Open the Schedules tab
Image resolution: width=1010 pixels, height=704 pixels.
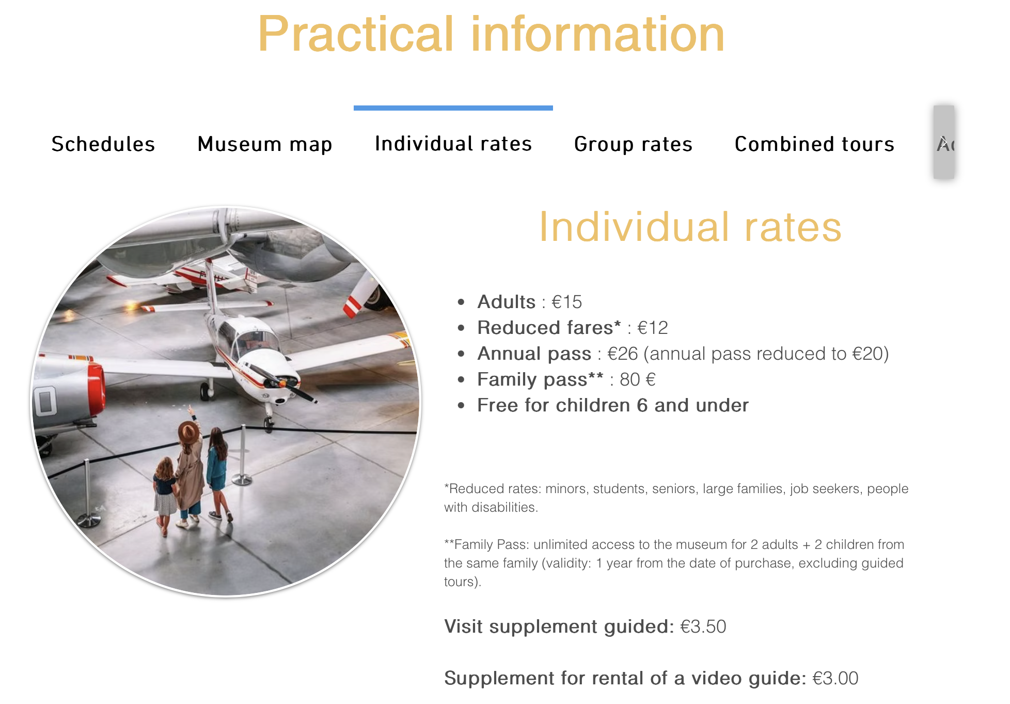coord(103,144)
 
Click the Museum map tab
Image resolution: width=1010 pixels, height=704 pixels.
coord(265,144)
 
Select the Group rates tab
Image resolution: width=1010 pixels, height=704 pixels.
coord(633,144)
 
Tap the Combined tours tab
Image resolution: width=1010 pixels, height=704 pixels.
coord(814,144)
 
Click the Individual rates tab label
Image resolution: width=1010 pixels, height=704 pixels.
coord(453,143)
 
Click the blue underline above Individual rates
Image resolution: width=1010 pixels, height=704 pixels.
coord(453,108)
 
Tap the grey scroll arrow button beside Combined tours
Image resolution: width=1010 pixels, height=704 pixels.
coord(944,142)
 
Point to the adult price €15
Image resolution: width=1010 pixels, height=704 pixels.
coord(566,302)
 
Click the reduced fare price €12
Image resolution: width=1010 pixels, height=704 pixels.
coord(653,328)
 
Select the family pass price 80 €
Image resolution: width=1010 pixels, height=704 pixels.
coord(638,379)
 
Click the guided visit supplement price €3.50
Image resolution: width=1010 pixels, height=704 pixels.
coord(703,626)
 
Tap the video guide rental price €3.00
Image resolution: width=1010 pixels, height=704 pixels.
coord(835,678)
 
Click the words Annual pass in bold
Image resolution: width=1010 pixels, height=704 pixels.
coord(534,354)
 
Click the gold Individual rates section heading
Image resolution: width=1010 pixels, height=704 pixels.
coord(690,227)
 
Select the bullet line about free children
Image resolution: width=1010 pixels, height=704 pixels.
coord(613,405)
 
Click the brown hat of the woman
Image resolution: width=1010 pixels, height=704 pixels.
coord(188,431)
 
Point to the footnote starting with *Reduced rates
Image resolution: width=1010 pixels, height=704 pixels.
coord(676,498)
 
